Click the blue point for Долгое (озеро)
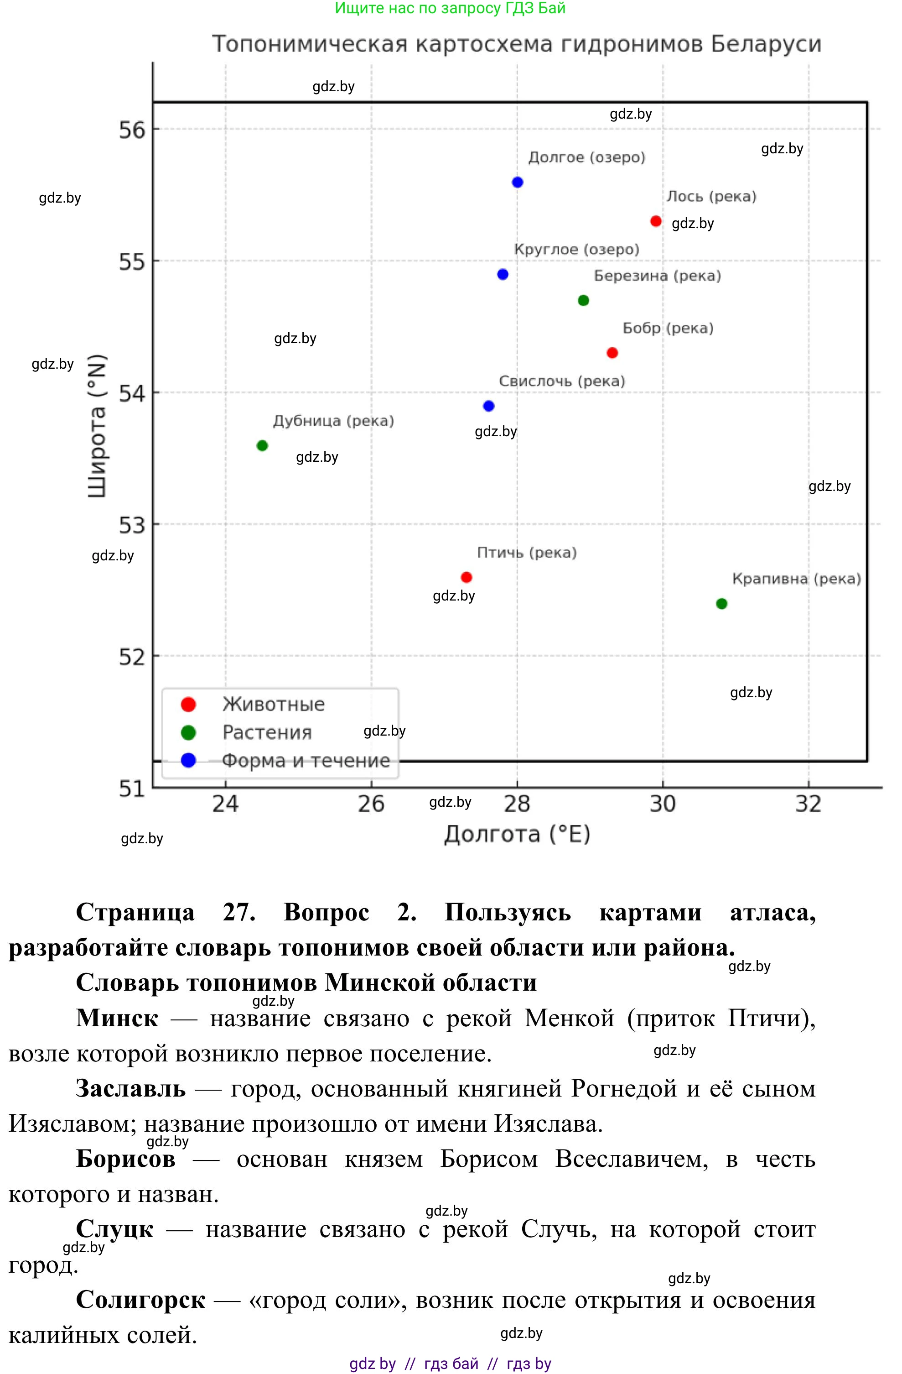[517, 183]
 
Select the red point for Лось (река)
[656, 221]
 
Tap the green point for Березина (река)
[583, 300]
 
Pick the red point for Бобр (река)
[612, 353]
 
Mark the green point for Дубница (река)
[262, 446]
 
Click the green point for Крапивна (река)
[721, 604]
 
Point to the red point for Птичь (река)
[467, 577]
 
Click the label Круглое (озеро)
[576, 250]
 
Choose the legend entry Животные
[274, 704]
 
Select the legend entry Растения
[267, 732]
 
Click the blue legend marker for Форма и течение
[189, 760]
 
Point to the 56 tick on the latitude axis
[132, 129]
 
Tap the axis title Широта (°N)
[97, 426]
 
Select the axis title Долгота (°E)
[517, 834]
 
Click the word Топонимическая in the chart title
[311, 44]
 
